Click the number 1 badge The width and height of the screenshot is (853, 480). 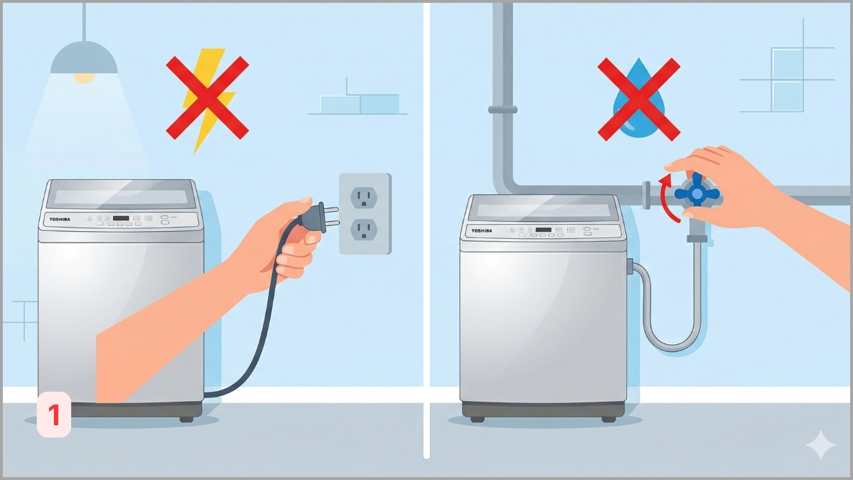click(54, 414)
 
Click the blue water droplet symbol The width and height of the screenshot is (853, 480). click(638, 100)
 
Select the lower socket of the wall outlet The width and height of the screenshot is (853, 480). click(364, 228)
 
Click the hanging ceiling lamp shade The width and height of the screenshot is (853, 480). click(84, 58)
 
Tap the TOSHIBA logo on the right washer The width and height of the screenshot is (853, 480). click(481, 231)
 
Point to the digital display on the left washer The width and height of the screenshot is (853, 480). click(120, 218)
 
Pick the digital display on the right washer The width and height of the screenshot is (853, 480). click(544, 230)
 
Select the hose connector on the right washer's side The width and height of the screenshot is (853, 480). click(629, 267)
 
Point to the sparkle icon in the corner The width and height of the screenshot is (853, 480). click(820, 446)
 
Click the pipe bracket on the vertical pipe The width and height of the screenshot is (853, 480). click(503, 110)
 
